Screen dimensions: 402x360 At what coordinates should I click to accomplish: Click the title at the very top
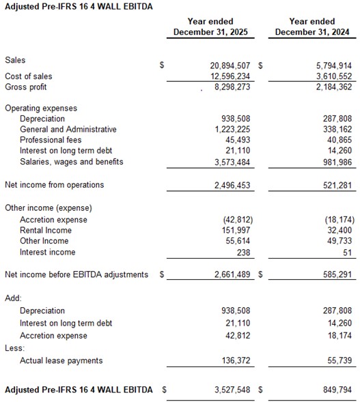coord(79,6)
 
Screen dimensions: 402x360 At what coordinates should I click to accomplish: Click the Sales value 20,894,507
coord(226,65)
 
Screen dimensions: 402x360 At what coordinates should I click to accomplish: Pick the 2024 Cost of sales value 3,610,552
coord(333,76)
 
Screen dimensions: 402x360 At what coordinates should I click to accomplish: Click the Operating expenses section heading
coord(41,108)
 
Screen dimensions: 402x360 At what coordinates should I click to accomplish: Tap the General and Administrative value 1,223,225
coord(231,130)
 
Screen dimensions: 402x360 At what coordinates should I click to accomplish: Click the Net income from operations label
coord(55,185)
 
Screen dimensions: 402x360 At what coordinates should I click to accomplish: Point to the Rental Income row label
coord(46,231)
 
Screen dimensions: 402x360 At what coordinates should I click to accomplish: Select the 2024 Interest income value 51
coord(347,252)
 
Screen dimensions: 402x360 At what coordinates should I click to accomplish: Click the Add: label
coord(13,298)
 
